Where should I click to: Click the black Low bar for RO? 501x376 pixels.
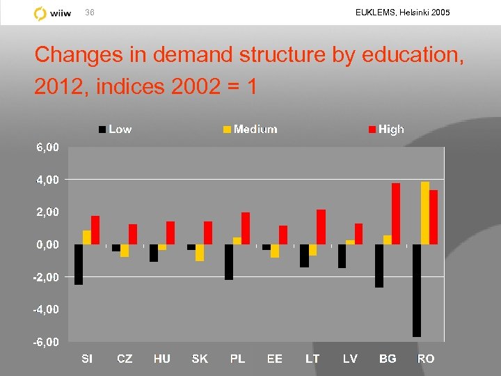(x=417, y=290)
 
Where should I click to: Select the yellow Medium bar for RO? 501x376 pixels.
(x=425, y=213)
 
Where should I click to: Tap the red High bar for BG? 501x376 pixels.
(x=396, y=214)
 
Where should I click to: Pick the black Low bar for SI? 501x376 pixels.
(x=79, y=265)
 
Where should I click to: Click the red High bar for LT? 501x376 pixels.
(x=321, y=227)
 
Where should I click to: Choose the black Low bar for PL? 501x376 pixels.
(x=229, y=262)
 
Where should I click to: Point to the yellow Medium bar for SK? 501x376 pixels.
(x=200, y=252)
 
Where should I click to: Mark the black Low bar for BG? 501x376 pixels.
(x=379, y=265)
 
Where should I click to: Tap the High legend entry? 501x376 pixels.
(x=390, y=129)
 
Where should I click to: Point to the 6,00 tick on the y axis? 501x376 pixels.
(x=48, y=148)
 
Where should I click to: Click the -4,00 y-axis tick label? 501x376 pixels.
(x=47, y=309)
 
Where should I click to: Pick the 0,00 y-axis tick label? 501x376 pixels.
(x=48, y=244)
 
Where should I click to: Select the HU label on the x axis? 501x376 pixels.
(x=162, y=359)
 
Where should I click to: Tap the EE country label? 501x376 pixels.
(x=275, y=359)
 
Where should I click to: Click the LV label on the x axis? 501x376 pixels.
(x=350, y=359)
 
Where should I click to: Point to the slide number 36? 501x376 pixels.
(x=89, y=13)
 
